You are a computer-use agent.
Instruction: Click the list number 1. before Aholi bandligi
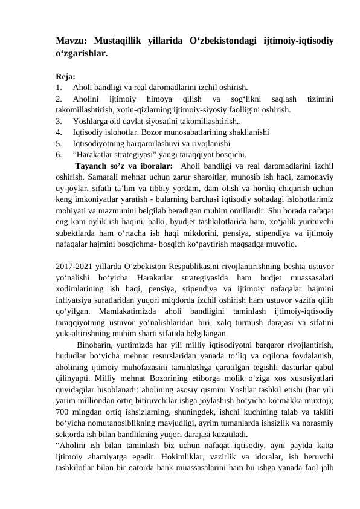point(59,87)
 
